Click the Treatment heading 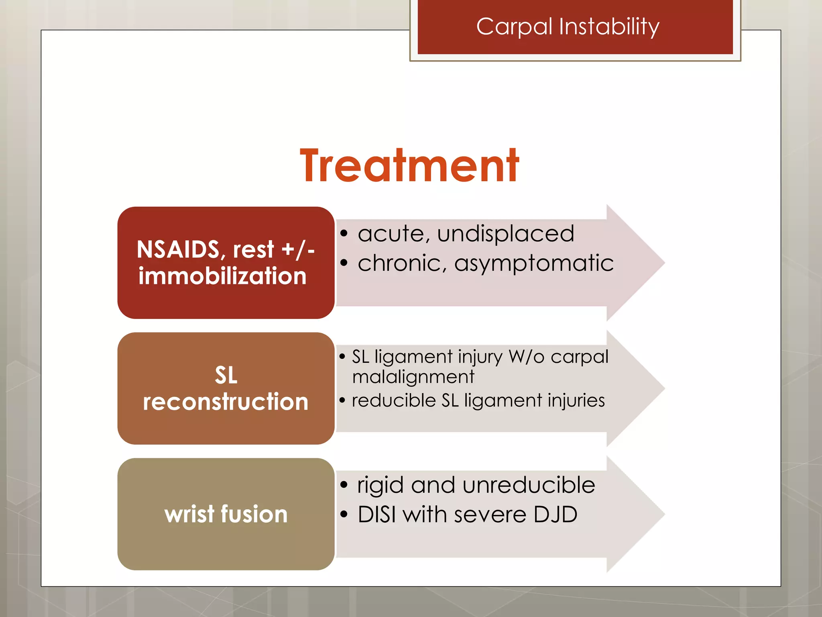(409, 165)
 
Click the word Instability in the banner (609, 27)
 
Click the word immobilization (223, 276)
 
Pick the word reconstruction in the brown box (226, 402)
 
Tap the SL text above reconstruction (226, 375)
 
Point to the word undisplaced (506, 233)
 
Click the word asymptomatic (534, 264)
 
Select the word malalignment (413, 377)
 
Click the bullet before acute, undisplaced (344, 234)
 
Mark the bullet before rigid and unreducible (344, 485)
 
